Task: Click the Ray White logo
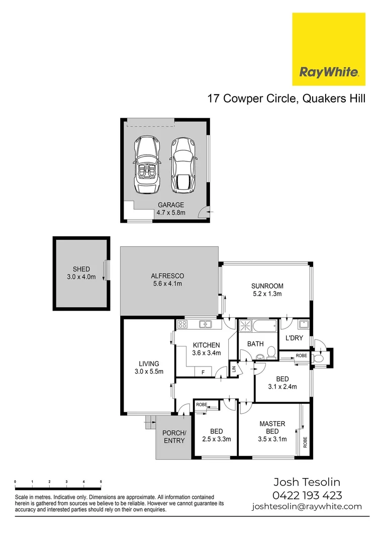[329, 49]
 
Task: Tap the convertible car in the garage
[146, 164]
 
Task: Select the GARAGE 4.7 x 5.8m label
[171, 209]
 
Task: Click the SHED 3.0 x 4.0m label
[81, 273]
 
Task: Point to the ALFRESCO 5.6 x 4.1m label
[167, 280]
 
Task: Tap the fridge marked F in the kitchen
[203, 372]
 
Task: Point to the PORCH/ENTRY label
[174, 437]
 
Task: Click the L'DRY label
[294, 338]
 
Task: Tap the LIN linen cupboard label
[234, 370]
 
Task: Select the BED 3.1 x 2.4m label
[281, 383]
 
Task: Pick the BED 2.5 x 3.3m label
[216, 435]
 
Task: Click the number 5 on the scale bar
[101, 482]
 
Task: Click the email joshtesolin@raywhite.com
[307, 506]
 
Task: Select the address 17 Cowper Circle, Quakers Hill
[286, 98]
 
